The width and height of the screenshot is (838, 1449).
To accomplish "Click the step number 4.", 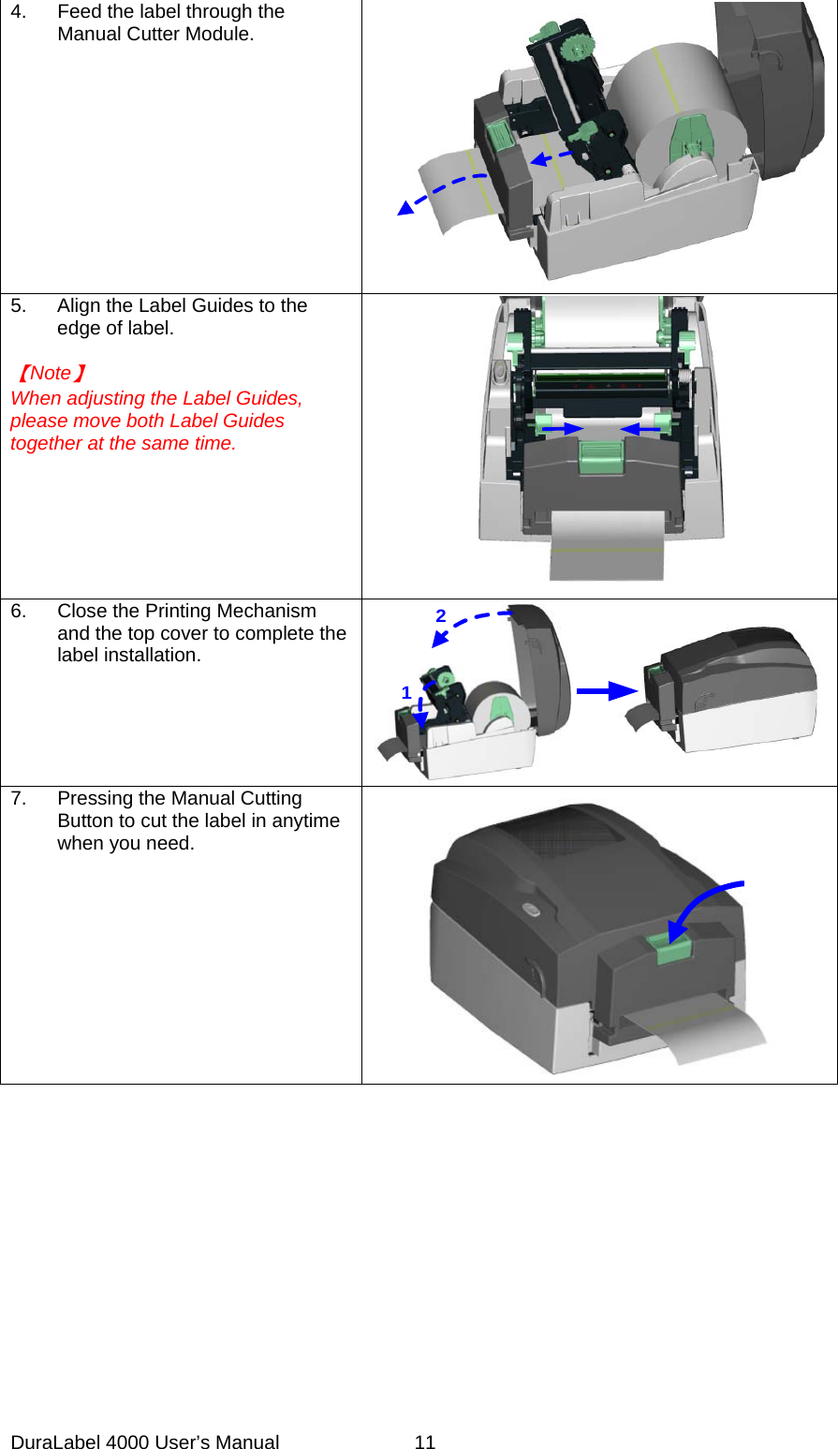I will [x=18, y=12].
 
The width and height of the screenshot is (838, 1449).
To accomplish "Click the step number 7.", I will [x=18, y=799].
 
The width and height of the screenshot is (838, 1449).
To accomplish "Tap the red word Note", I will [x=51, y=373].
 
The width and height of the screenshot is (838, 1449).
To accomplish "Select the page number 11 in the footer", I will [x=425, y=1442].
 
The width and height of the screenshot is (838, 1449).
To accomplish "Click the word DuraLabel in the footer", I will [x=54, y=1442].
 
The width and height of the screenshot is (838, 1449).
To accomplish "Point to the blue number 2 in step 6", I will [x=441, y=616].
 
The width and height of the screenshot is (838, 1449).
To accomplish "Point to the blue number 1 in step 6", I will [x=406, y=693].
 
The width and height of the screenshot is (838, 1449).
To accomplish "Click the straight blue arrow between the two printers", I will [x=607, y=691].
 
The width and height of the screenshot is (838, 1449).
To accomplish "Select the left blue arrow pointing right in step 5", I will [x=561, y=428].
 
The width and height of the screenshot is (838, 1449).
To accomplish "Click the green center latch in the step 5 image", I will [x=601, y=458].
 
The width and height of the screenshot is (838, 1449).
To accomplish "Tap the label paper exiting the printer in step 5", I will [x=606, y=548].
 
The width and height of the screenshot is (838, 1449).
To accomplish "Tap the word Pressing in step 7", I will [x=92, y=799].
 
